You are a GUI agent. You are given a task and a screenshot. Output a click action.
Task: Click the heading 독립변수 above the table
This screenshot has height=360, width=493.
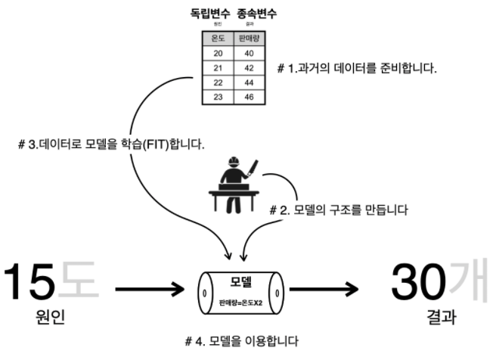pyautogui.click(x=208, y=13)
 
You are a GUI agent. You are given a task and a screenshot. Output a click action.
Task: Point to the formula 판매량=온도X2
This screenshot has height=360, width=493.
pyautogui.click(x=242, y=302)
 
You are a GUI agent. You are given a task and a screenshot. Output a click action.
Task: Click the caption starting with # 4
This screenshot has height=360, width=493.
pyautogui.click(x=246, y=342)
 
